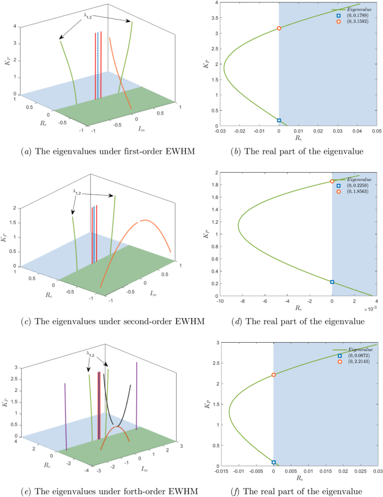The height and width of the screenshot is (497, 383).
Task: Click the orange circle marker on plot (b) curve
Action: point(279,28)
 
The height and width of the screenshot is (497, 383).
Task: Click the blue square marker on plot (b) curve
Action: point(279,120)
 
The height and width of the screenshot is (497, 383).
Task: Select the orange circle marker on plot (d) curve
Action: point(332,181)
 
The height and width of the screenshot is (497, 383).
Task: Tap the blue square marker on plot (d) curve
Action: point(332,282)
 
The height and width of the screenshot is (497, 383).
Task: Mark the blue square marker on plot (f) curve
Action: point(273,462)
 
